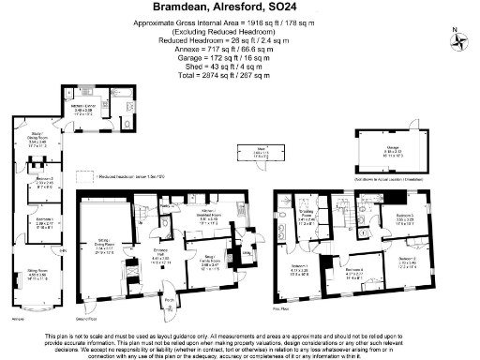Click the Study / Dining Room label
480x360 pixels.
pos(37,139)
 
